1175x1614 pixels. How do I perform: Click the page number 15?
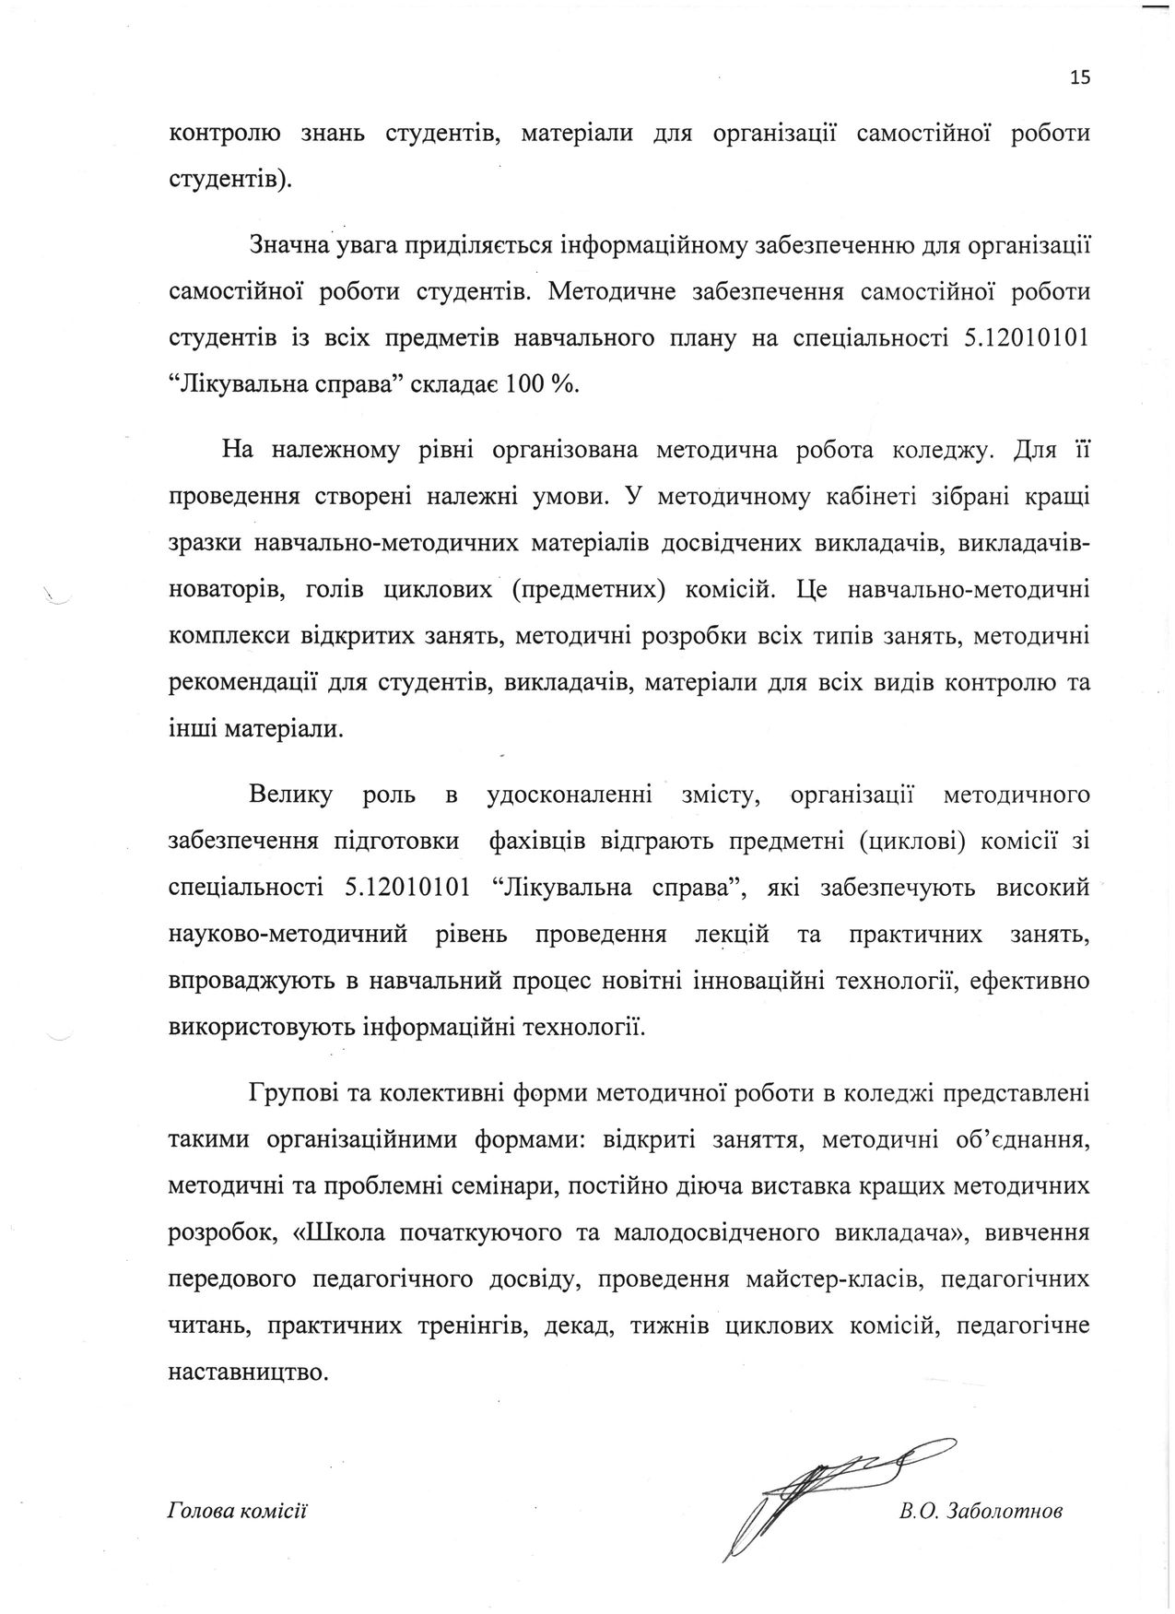[x=1080, y=77]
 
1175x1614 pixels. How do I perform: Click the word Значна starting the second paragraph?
[x=287, y=245]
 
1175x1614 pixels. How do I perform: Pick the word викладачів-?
[x=1024, y=543]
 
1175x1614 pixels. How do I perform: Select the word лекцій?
[x=730, y=934]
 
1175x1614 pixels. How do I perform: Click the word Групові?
[x=290, y=1094]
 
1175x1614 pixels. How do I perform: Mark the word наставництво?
[x=248, y=1371]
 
